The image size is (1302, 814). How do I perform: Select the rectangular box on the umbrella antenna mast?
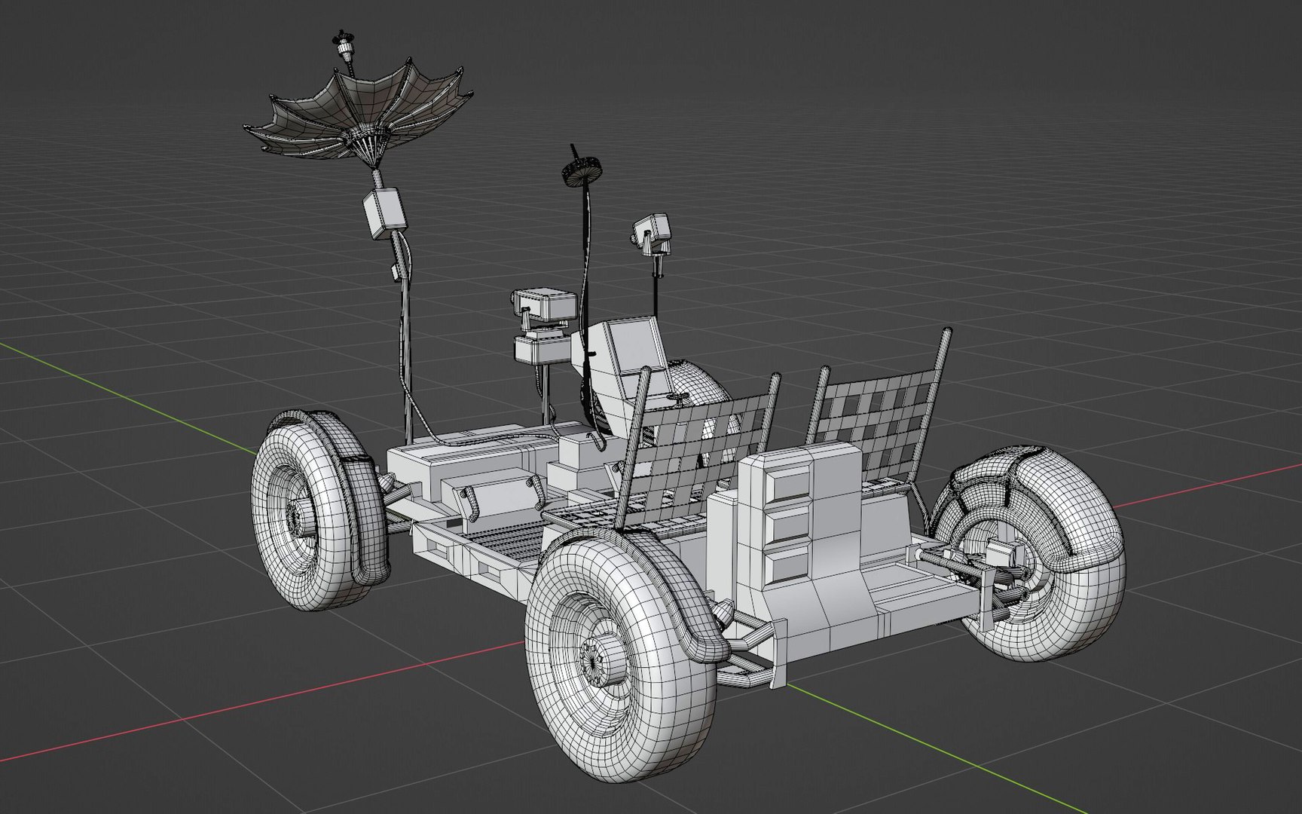click(385, 213)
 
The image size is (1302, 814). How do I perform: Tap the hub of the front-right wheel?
click(607, 656)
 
